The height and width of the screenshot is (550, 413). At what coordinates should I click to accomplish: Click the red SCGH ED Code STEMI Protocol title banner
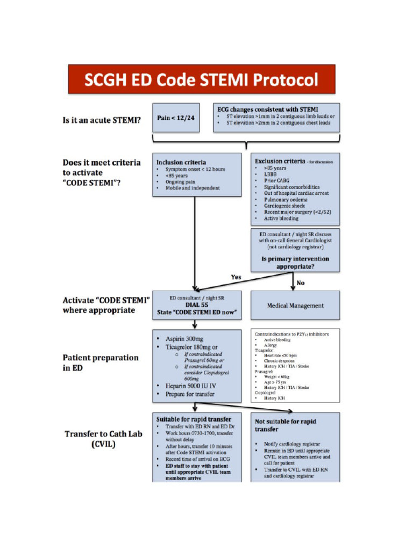[x=202, y=79]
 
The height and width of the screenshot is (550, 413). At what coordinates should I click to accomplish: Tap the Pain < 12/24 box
[x=176, y=118]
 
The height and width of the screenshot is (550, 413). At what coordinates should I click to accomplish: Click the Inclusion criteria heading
[x=181, y=162]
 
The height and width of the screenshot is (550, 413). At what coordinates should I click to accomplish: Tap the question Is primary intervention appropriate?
[x=295, y=262]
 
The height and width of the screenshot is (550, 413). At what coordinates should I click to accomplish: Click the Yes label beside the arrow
[x=236, y=277]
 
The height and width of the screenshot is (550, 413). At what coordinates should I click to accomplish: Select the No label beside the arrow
[x=301, y=283]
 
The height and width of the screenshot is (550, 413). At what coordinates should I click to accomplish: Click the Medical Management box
[x=295, y=306]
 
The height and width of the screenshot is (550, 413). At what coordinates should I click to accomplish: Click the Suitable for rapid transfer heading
[x=194, y=418]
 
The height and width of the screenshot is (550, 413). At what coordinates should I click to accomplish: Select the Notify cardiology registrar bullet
[x=292, y=444]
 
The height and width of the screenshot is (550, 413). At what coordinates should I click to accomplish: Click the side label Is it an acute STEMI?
[x=102, y=120]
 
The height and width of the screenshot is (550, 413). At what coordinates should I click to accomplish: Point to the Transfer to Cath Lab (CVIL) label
[x=104, y=439]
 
